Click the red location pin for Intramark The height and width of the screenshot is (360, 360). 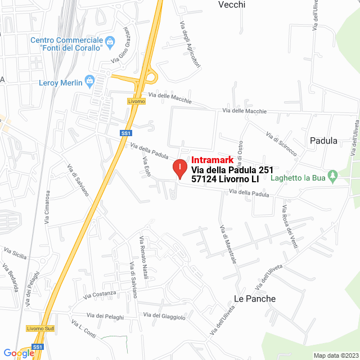(x=179, y=168)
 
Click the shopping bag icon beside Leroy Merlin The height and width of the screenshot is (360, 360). (x=89, y=82)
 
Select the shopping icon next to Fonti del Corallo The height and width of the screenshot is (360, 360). (x=110, y=41)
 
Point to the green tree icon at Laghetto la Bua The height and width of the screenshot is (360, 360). (x=332, y=177)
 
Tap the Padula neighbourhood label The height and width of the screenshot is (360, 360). (x=323, y=141)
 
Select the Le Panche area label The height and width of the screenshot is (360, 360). (x=255, y=299)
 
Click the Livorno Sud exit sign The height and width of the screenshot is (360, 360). (x=39, y=328)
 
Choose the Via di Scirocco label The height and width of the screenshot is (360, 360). (x=281, y=145)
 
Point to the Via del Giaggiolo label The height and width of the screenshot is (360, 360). (x=164, y=317)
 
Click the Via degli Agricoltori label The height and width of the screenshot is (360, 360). (x=190, y=43)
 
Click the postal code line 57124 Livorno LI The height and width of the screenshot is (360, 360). (x=225, y=179)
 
